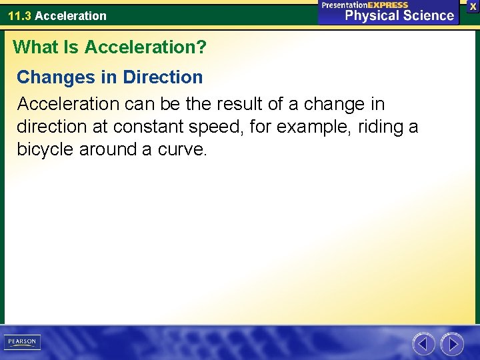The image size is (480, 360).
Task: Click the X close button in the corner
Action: click(x=473, y=6)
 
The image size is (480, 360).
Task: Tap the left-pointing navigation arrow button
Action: click(x=423, y=344)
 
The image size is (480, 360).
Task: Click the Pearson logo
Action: click(x=22, y=342)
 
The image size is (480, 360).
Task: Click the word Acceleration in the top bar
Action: click(x=71, y=15)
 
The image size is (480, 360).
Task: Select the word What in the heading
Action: click(x=35, y=47)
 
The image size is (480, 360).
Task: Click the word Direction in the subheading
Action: click(x=163, y=77)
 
